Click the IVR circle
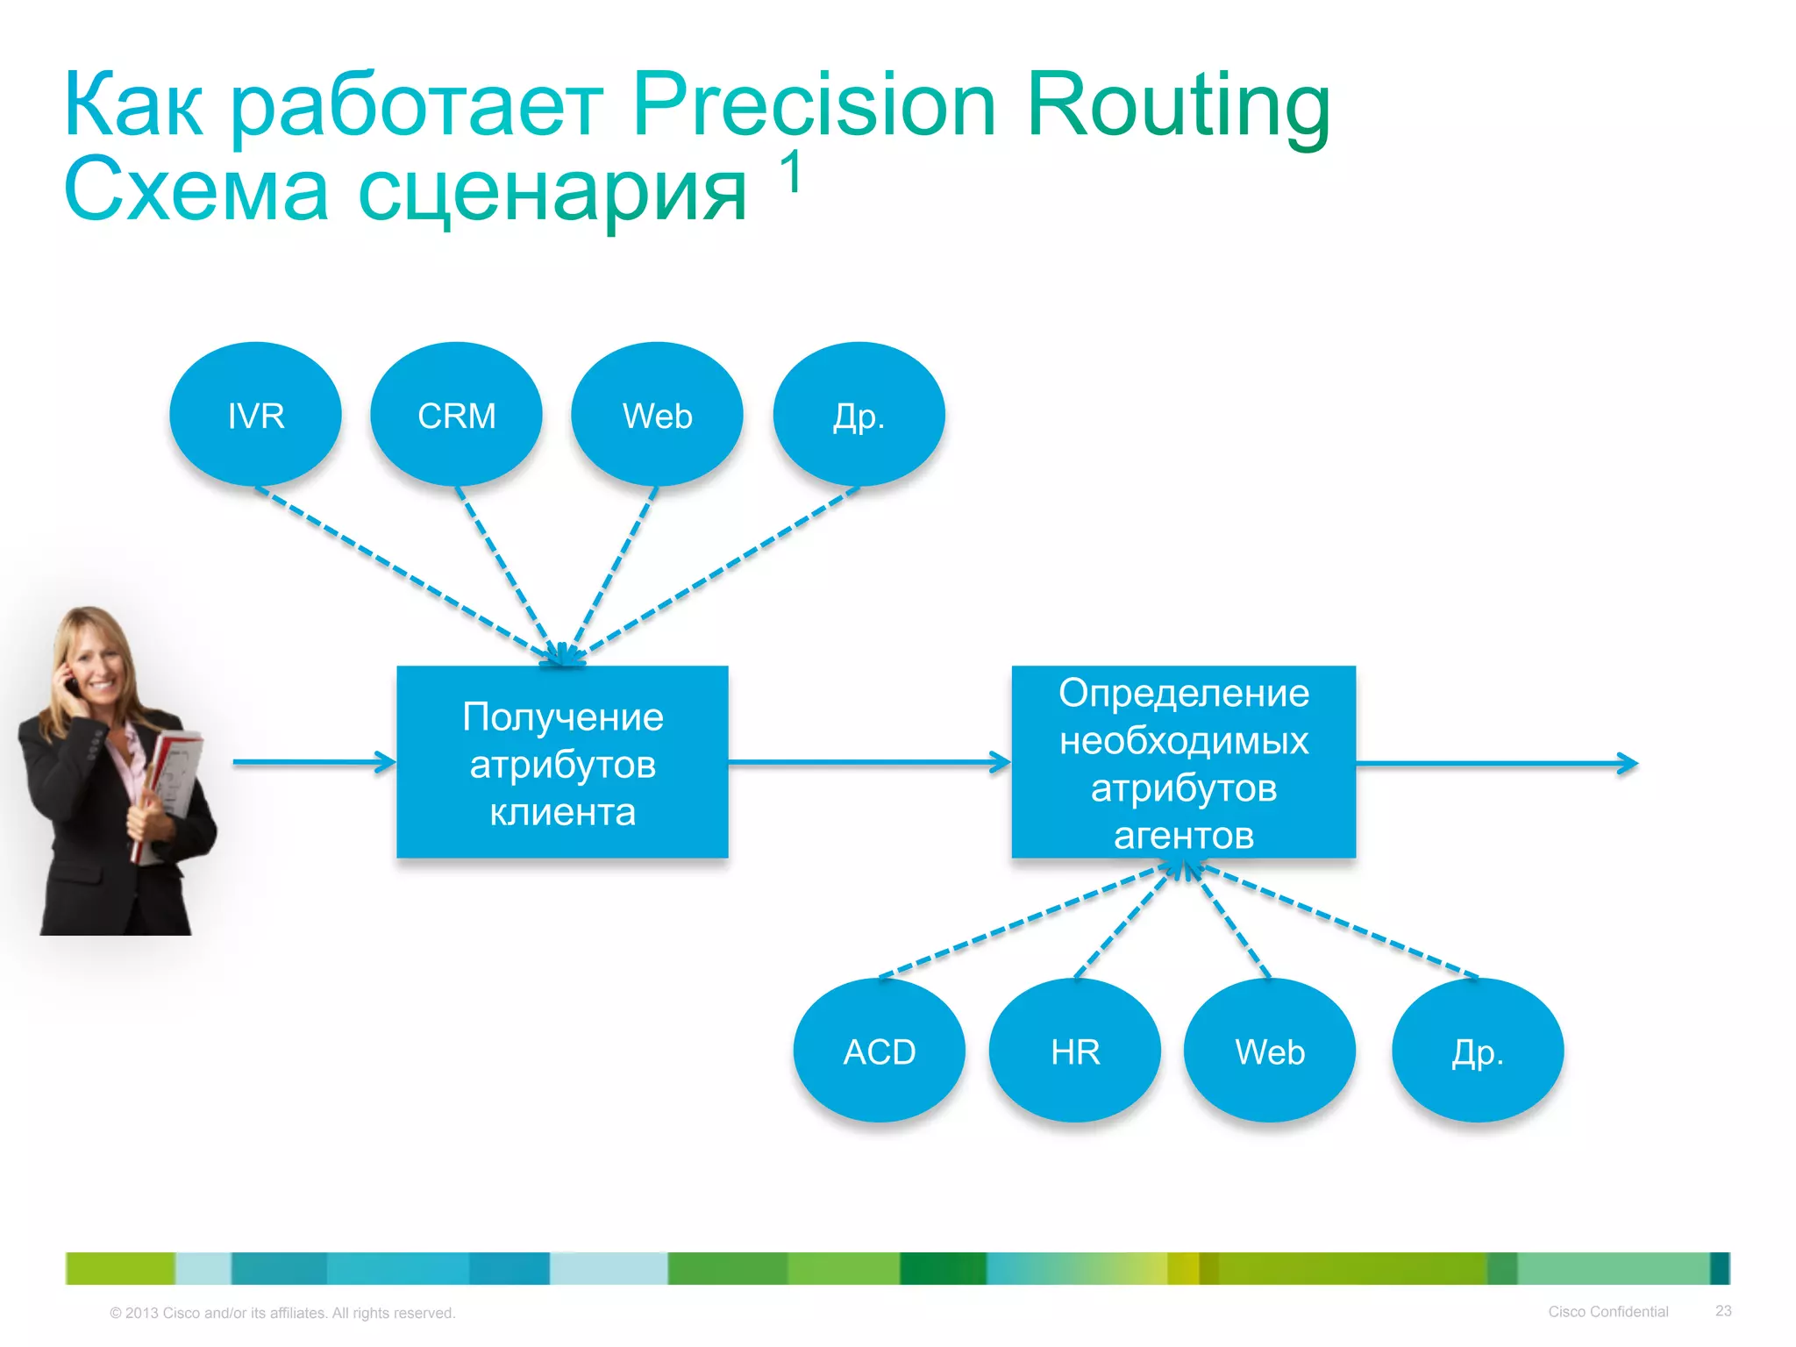pos(255,415)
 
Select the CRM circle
pos(456,415)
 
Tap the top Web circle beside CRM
pos(657,415)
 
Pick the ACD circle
pos(879,1051)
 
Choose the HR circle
pos(1074,1051)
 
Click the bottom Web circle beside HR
pos(1269,1051)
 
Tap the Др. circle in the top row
pos(859,415)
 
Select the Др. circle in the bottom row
pos(1478,1051)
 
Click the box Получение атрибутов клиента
pos(562,762)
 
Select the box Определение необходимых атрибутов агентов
pos(1183,762)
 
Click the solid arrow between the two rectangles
pos(868,762)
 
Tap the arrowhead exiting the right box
pos(1628,764)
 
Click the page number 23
pos(1723,1310)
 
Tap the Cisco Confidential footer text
pos(1607,1311)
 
